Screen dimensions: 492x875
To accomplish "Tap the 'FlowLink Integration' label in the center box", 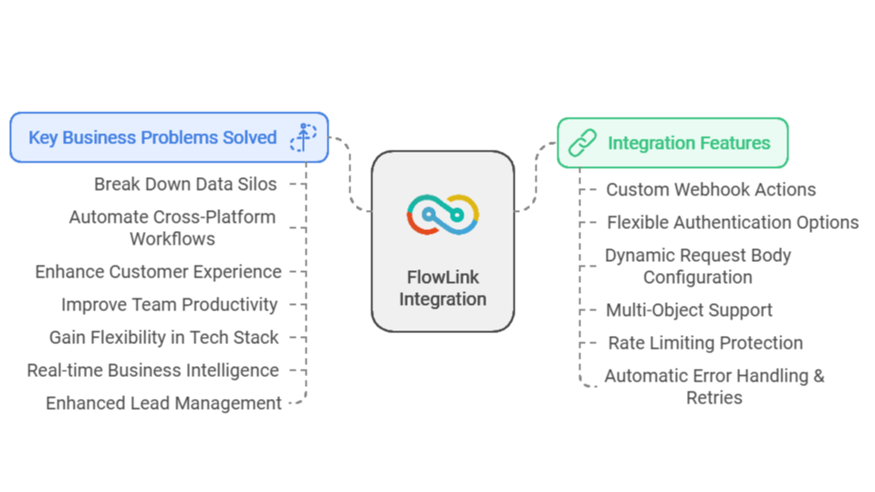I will click(x=443, y=288).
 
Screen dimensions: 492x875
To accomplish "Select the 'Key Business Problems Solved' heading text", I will click(x=152, y=138).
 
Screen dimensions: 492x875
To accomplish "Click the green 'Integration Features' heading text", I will click(x=689, y=142).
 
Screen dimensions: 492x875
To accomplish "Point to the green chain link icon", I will click(x=582, y=142).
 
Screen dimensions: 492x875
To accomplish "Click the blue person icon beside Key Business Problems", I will click(x=302, y=137).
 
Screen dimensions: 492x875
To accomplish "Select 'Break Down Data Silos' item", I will click(x=185, y=184).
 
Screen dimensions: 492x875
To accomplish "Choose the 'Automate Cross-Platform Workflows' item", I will click(x=172, y=228).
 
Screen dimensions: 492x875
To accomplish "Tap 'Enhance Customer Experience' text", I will click(x=159, y=272).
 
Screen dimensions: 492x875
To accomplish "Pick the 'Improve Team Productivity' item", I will click(x=170, y=305).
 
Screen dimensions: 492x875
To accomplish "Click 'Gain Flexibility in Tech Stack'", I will click(x=164, y=338).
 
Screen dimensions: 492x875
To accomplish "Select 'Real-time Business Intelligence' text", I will click(x=152, y=371).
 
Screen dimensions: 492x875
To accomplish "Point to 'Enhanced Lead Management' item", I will click(x=164, y=403).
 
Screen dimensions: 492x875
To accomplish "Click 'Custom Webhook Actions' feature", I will click(x=711, y=190).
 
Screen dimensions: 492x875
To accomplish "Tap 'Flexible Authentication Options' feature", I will click(x=733, y=223).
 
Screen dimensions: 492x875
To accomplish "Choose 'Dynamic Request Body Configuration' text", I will click(x=698, y=267).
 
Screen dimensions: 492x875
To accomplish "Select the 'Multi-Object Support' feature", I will click(x=689, y=310).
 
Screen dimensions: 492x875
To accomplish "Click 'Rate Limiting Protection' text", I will click(x=705, y=343).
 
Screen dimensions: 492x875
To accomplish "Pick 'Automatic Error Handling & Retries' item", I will click(x=714, y=387).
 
